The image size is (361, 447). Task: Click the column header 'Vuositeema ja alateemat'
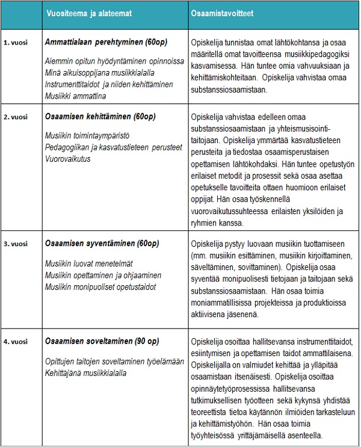coord(88,13)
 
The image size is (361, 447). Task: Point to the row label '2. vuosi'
coord(16,117)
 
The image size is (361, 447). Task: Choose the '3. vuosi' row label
coord(16,244)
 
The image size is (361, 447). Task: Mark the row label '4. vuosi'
coord(16,342)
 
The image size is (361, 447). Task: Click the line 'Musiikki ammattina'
coord(75,96)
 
